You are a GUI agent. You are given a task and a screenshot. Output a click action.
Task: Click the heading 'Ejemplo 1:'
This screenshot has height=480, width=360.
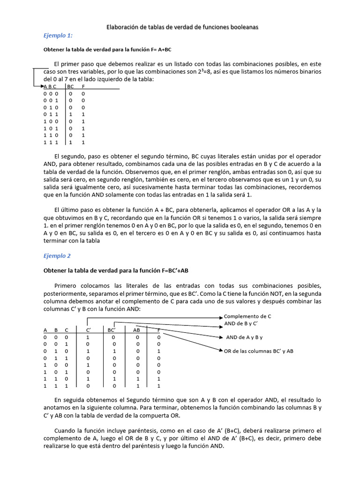pyautogui.click(x=58, y=36)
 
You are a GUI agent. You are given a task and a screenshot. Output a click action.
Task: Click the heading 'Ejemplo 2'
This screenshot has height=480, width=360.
pyautogui.click(x=57, y=256)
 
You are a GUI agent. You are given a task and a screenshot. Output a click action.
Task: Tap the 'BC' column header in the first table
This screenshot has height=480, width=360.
pyautogui.click(x=71, y=87)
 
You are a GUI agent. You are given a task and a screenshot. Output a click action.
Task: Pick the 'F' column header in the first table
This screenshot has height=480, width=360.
pyautogui.click(x=83, y=87)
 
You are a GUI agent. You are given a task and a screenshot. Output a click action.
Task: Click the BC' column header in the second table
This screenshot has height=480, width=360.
pyautogui.click(x=112, y=330)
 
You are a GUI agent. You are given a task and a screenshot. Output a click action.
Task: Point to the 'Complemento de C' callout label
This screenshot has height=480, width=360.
pyautogui.click(x=247, y=316)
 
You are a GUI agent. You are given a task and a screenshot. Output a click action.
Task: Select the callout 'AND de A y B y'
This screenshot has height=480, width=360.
pyautogui.click(x=245, y=337)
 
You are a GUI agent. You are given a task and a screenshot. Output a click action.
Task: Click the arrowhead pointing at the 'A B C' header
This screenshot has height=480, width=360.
pyautogui.click(x=41, y=87)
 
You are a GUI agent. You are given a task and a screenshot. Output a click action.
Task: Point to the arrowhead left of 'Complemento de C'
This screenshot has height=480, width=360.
pyautogui.click(x=221, y=317)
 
